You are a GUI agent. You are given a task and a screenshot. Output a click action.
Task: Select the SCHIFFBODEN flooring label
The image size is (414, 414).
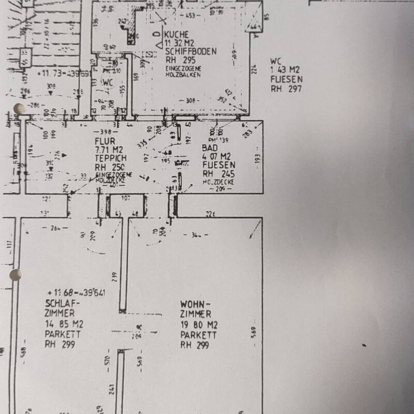click(191, 52)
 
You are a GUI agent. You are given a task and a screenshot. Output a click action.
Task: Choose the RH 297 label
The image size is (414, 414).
click(285, 88)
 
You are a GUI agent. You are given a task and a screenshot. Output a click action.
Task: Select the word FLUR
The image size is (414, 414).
click(104, 140)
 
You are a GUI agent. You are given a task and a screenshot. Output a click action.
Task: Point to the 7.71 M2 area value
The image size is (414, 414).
click(108, 149)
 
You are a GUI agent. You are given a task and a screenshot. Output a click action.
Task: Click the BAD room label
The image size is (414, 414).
click(209, 147)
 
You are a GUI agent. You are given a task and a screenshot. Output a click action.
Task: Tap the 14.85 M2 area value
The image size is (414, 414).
click(64, 324)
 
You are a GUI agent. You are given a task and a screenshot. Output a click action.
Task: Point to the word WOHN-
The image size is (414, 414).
click(195, 304)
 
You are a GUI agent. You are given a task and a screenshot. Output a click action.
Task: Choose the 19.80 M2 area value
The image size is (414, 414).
click(199, 325)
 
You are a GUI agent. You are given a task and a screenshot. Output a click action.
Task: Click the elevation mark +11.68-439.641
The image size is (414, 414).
click(76, 293)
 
